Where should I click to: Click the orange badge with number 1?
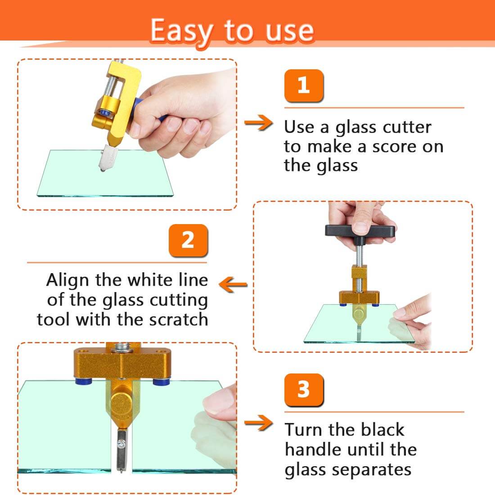(304, 85)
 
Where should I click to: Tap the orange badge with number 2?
(188, 241)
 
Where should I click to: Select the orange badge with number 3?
(304, 390)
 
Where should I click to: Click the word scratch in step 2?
(178, 319)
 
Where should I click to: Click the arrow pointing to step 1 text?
(259, 122)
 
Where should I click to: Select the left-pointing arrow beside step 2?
(233, 285)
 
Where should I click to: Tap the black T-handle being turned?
(360, 231)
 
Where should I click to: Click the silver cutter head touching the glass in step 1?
(107, 158)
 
